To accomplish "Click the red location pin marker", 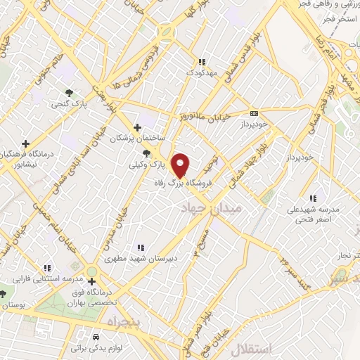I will [181, 165].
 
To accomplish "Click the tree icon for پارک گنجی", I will [69, 93].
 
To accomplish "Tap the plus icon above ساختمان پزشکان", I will [138, 127].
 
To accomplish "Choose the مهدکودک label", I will [203, 72].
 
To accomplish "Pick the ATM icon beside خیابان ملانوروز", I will [254, 113].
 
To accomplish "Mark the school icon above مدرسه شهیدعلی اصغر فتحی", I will [312, 198].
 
